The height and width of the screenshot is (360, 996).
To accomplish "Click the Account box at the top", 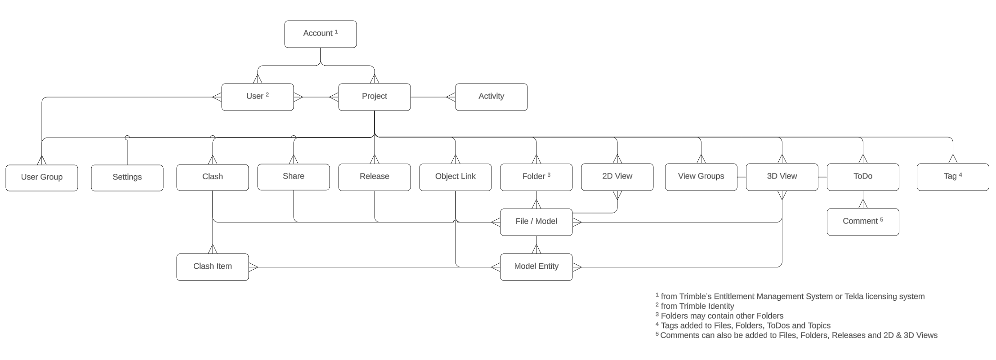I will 320,34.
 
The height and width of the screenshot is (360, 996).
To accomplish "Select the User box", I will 257,97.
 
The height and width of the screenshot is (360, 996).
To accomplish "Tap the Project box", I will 374,97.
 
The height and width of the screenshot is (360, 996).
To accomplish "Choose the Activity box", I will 491,97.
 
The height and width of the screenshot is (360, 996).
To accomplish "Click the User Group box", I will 41,178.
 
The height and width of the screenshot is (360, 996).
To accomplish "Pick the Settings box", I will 127,178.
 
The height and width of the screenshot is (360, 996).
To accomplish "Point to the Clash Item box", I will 212,267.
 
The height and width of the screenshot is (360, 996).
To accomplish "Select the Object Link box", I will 455,177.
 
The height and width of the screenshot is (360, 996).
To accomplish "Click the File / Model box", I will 536,222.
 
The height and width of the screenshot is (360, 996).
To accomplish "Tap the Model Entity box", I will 536,267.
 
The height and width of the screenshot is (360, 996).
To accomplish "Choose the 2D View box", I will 617,177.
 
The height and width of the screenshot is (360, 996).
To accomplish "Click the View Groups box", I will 701,177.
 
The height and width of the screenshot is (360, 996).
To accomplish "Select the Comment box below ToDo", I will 862,222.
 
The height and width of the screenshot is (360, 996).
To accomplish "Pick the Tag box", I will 952,177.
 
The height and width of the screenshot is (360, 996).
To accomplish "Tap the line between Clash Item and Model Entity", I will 373,267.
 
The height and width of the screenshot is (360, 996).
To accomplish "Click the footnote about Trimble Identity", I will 697,306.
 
